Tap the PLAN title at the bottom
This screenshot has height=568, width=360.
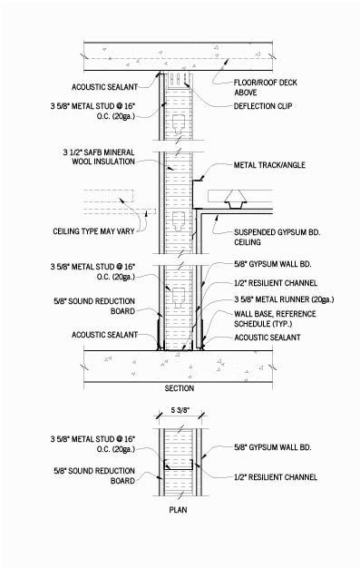pos(179,536)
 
